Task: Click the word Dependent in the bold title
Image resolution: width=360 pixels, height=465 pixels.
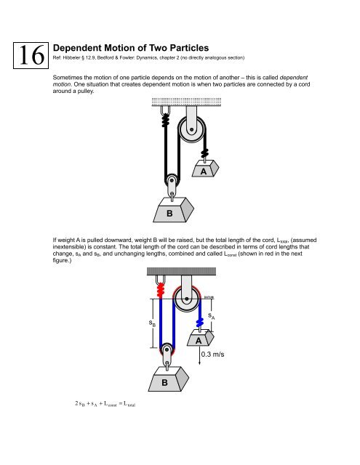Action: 85,44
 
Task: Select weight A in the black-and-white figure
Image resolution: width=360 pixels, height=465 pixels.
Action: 204,173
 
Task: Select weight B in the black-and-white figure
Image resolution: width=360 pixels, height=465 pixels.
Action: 169,212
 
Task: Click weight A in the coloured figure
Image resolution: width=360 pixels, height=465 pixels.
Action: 199,340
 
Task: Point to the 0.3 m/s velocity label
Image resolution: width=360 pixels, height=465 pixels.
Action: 218,356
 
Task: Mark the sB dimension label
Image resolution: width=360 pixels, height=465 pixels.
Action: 152,322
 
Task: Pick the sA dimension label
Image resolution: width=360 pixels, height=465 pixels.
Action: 211,316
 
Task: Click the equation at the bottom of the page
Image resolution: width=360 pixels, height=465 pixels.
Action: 97,422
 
